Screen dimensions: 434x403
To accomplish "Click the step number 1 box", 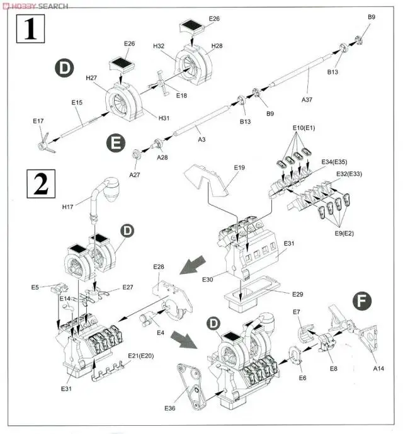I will tap(29, 30).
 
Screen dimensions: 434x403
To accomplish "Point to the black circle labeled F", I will tap(361, 302).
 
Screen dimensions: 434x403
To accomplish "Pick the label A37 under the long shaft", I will tap(307, 99).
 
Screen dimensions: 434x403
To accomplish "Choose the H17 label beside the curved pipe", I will tap(67, 205).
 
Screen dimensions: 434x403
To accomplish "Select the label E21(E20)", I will tap(140, 357).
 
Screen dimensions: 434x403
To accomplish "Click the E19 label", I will tap(239, 168).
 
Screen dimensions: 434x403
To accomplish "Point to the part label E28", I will tap(159, 268).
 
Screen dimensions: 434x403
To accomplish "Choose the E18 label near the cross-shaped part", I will tap(182, 96).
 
